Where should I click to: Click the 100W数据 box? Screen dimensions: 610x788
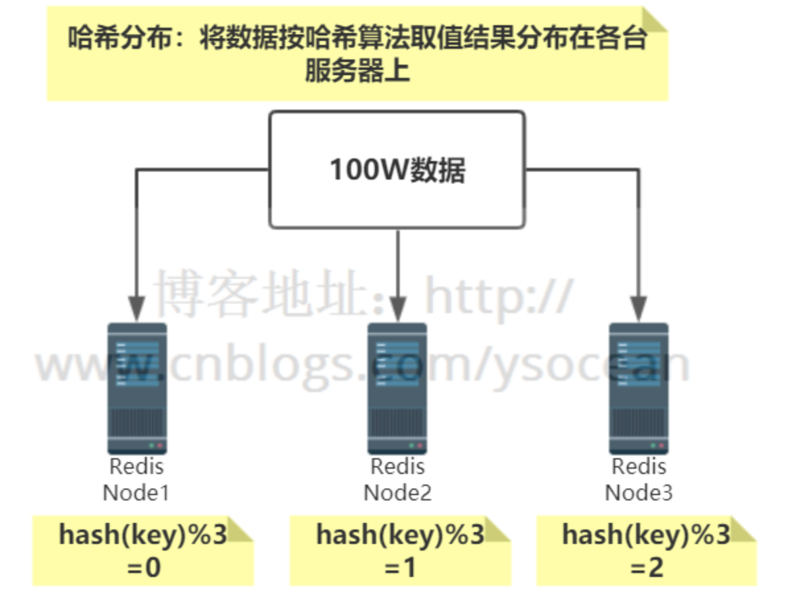pos(397,170)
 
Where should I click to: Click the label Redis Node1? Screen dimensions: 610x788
pos(136,479)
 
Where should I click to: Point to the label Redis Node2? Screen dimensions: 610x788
pos(397,479)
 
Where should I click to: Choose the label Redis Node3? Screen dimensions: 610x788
pos(638,479)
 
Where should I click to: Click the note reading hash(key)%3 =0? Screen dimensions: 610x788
pos(143,551)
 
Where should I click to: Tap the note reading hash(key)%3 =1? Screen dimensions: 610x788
pos(400,551)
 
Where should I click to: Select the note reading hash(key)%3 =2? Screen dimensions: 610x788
pos(645,551)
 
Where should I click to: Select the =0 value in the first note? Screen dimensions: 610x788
pos(143,567)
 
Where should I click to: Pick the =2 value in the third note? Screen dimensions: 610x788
pos(646,567)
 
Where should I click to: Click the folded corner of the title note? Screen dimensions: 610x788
pos(655,19)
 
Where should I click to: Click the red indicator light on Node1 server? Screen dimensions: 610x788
pos(160,446)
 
